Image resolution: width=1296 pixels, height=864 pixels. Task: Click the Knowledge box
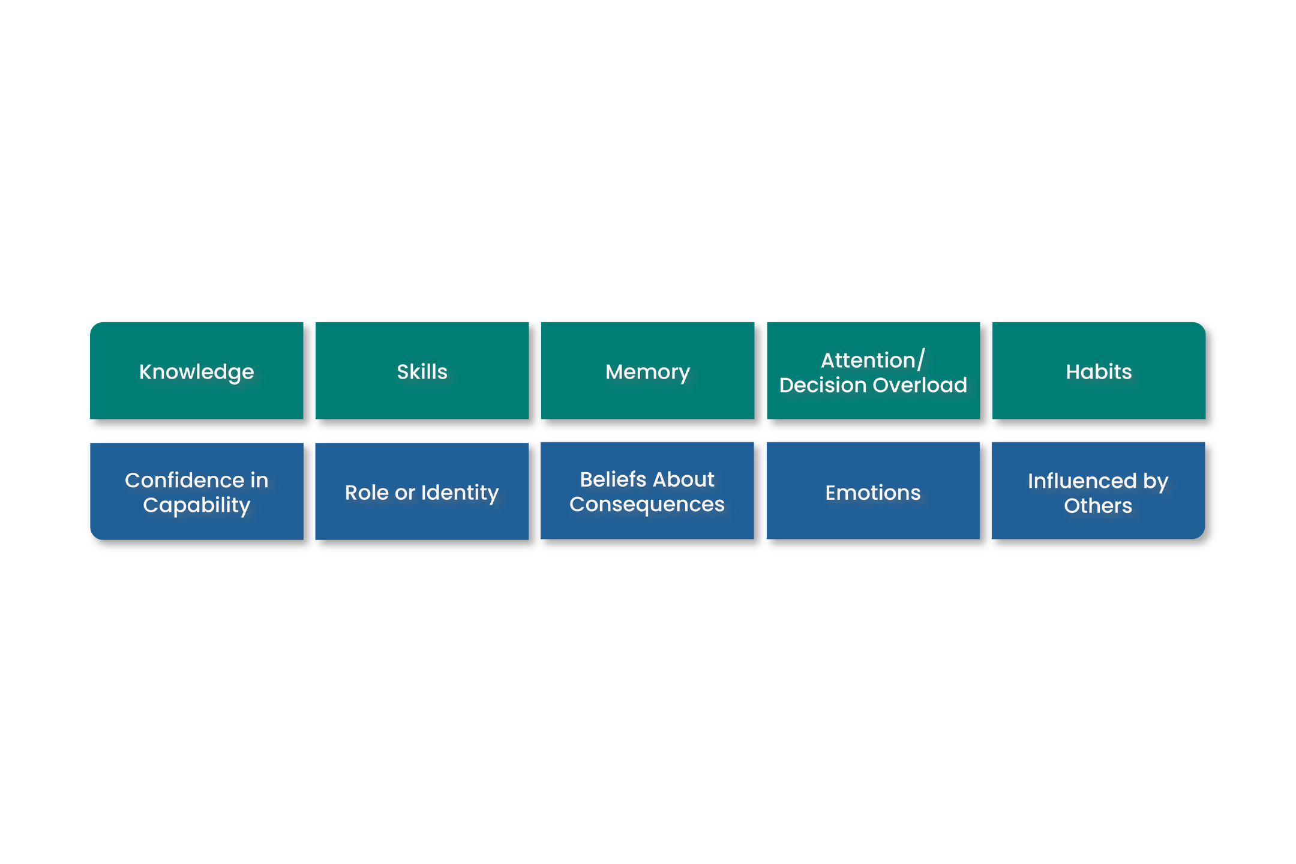pyautogui.click(x=196, y=371)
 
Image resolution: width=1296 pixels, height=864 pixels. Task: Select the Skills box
pyautogui.click(x=422, y=371)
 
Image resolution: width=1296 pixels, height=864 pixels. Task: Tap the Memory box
pyautogui.click(x=647, y=371)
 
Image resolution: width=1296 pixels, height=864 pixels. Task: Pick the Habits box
pyautogui.click(x=1099, y=371)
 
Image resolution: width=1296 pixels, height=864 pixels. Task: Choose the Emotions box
pyautogui.click(x=873, y=492)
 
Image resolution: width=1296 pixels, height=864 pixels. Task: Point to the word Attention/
pyautogui.click(x=873, y=360)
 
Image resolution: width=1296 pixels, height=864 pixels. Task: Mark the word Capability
pyautogui.click(x=196, y=505)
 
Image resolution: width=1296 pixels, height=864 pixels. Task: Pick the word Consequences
pyautogui.click(x=647, y=504)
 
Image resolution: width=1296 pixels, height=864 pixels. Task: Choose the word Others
pyautogui.click(x=1098, y=505)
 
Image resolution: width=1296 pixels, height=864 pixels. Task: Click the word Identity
pyautogui.click(x=460, y=493)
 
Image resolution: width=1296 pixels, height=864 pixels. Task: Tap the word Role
pyautogui.click(x=367, y=493)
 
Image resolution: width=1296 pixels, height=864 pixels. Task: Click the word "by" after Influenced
pyautogui.click(x=1156, y=481)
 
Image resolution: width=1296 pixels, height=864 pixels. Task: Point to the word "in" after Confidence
pyautogui.click(x=259, y=480)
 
